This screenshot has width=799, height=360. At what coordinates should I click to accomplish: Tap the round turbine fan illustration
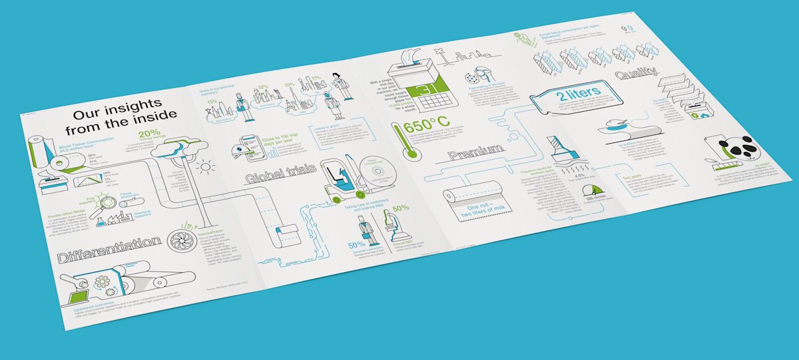point(180,238)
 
